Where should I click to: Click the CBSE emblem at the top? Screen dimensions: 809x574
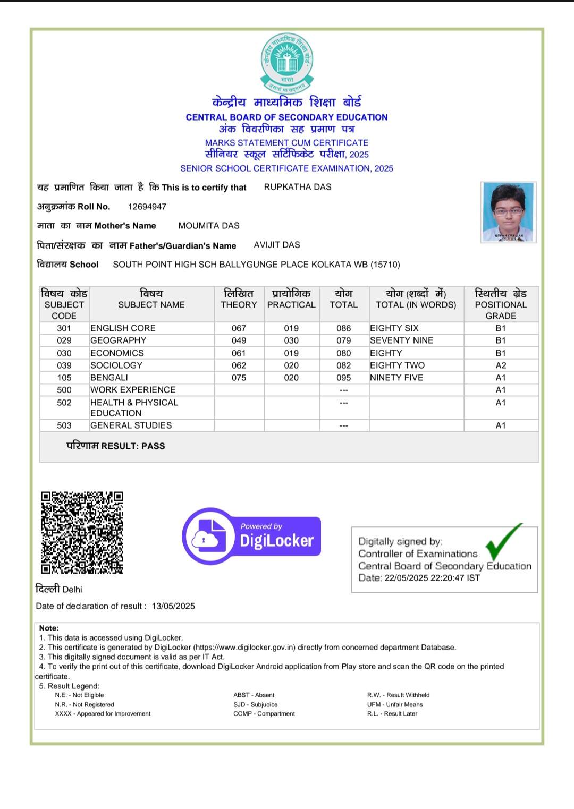click(287, 63)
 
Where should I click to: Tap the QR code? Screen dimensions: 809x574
click(82, 532)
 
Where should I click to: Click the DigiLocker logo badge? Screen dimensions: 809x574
click(251, 535)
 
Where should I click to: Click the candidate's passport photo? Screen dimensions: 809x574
click(508, 212)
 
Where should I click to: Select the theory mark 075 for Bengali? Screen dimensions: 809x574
click(239, 378)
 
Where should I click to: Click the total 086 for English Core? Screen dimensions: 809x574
click(343, 328)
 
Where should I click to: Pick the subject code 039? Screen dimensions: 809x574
click(64, 365)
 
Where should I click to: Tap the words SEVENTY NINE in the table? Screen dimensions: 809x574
click(401, 340)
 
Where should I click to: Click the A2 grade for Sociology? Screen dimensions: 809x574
click(501, 365)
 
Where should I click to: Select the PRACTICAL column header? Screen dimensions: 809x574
click(291, 304)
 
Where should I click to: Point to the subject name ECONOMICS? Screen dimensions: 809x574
click(117, 353)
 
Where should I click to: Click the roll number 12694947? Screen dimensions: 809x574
click(147, 207)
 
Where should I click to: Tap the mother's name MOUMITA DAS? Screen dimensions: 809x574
click(209, 226)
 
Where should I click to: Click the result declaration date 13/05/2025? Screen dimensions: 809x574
click(173, 606)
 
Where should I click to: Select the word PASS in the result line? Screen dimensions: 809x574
click(153, 446)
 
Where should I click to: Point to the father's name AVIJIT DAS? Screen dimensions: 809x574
click(277, 245)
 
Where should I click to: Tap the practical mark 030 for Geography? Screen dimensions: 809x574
click(291, 340)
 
